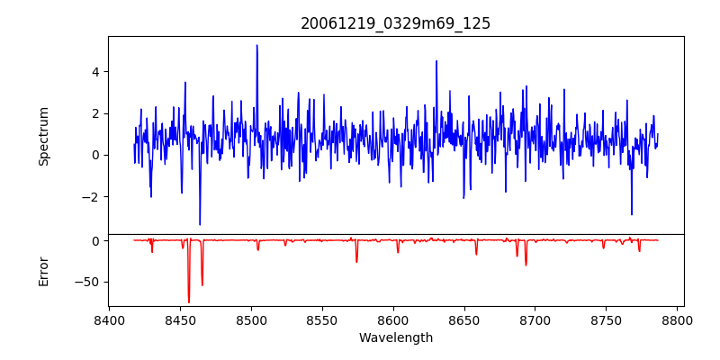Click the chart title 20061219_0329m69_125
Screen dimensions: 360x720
tap(395, 24)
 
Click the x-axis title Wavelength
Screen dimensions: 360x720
tap(395, 337)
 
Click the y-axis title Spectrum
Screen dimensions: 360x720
tap(44, 136)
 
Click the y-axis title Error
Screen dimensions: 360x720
tap(44, 271)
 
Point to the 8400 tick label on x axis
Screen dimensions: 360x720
tap(109, 319)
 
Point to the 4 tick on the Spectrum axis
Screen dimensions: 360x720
tap(94, 72)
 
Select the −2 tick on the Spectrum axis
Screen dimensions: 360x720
tap(90, 197)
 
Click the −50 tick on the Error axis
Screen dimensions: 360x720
tap(87, 282)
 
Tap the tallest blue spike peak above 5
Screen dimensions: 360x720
tap(256, 45)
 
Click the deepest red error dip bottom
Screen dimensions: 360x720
tap(189, 302)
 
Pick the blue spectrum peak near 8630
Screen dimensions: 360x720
tap(436, 61)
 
